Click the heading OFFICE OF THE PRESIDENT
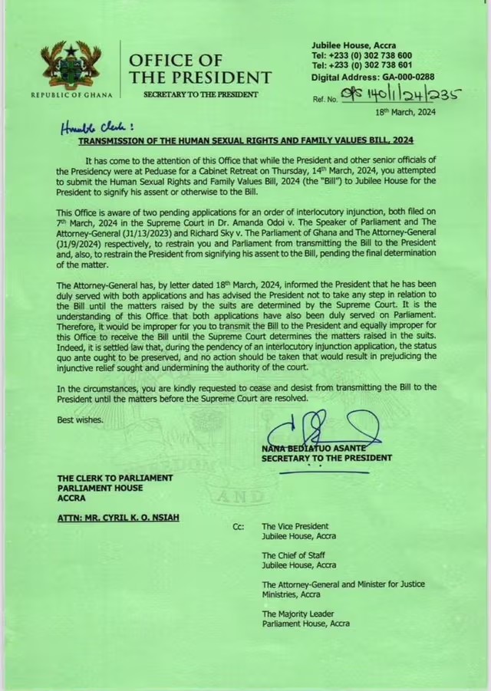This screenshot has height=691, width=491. point(199,69)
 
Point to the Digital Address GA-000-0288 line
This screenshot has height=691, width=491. point(372,77)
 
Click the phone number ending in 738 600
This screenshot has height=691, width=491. point(362,56)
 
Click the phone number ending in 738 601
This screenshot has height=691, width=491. point(362,66)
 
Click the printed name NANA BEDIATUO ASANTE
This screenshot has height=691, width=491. point(313,448)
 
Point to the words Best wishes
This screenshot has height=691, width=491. point(79,420)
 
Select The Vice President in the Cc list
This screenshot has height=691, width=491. point(295,527)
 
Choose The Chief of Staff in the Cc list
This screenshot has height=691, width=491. point(295,555)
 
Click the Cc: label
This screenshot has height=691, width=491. point(238,527)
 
